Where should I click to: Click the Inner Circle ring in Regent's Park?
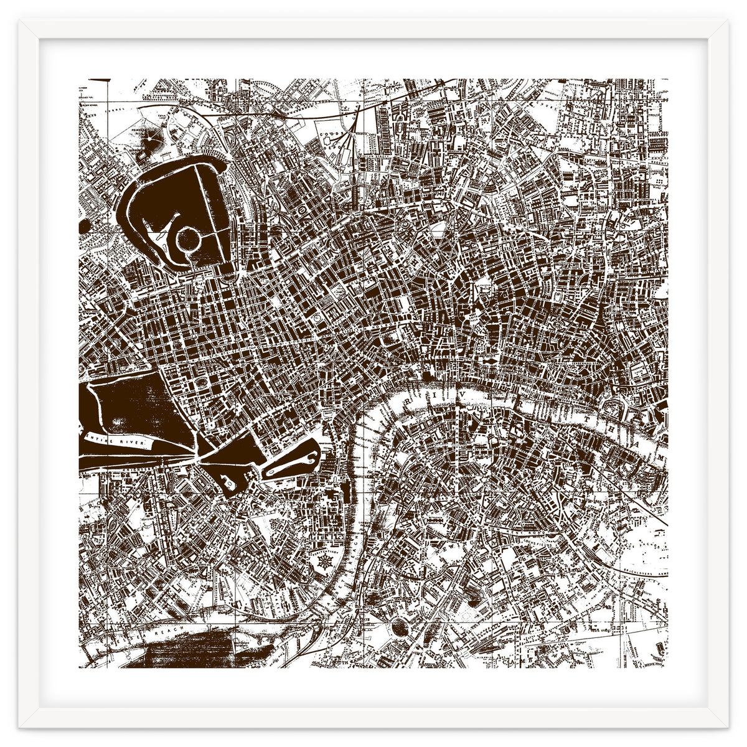[x=186, y=238]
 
